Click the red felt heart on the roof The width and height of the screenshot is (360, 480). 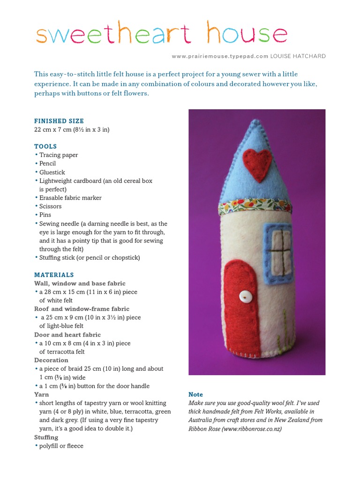tap(257, 165)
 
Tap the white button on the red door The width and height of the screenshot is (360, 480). tap(243, 296)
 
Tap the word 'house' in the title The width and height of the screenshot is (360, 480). tap(247, 34)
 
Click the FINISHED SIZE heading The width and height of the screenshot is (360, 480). tap(59, 121)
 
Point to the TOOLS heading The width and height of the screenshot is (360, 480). tap(45, 146)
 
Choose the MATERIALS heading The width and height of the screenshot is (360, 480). tap(54, 275)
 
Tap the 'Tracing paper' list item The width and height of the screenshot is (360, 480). tap(59, 155)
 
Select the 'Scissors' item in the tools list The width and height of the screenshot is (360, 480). tap(50, 206)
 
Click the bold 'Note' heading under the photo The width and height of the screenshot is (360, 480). tap(195, 395)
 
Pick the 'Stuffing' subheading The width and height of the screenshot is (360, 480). tap(46, 437)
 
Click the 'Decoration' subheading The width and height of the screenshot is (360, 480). tap(51, 360)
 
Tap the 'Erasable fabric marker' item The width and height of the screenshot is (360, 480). tap(70, 198)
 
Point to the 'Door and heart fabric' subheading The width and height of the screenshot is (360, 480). tap(67, 335)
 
